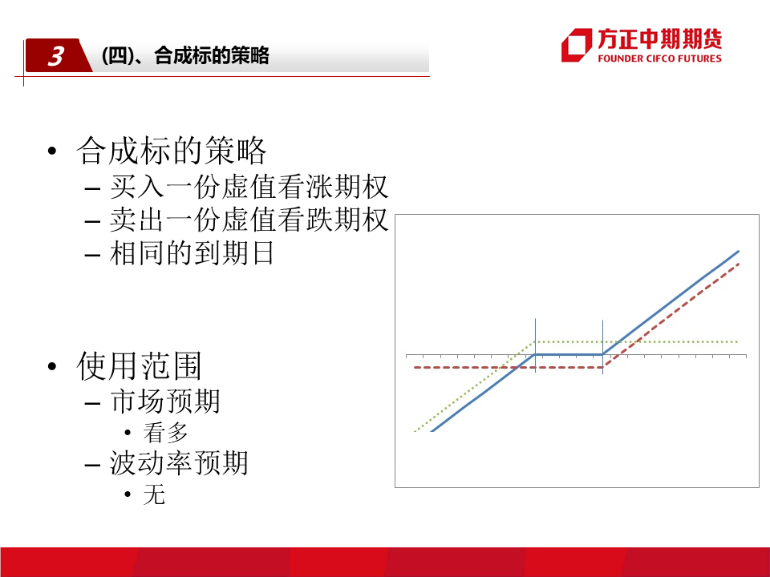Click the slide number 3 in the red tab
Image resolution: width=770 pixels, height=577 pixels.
[56, 56]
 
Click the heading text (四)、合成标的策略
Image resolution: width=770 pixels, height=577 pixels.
[185, 55]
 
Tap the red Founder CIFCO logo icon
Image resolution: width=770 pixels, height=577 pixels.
[577, 45]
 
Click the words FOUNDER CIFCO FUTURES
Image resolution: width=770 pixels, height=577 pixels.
[659, 59]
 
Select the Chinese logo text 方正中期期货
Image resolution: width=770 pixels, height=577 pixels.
[659, 38]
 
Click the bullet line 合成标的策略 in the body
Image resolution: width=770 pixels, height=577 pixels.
[172, 151]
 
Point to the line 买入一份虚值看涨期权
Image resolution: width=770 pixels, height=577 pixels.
[249, 187]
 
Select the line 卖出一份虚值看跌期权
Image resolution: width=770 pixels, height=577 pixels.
[249, 220]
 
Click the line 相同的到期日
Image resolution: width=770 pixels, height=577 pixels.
[192, 253]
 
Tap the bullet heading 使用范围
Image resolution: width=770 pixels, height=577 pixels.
[139, 366]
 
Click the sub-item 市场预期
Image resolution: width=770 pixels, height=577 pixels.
[165, 401]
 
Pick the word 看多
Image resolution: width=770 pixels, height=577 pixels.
[165, 433]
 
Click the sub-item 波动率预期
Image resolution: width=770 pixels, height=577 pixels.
[179, 463]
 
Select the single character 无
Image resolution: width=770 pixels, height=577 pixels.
[154, 494]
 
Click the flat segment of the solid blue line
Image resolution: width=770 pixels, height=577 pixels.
[569, 354]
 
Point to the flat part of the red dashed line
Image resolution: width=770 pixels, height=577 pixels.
[509, 368]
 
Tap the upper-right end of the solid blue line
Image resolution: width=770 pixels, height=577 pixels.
[739, 251]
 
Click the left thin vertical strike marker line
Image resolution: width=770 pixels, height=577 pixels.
[535, 345]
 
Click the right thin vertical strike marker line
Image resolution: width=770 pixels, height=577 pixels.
[602, 347]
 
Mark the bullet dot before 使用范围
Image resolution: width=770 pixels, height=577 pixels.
[52, 366]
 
